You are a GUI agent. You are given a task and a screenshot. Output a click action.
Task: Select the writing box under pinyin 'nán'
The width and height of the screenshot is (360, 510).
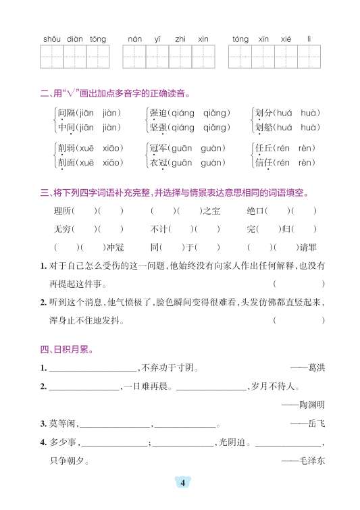coord(134,57)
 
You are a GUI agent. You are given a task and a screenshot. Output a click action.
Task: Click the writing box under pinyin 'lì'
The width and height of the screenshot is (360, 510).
coord(309,57)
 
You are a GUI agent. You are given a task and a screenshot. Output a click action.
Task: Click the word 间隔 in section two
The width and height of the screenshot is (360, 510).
coord(66,113)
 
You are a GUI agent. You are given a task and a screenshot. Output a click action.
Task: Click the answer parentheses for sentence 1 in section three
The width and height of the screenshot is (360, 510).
coord(299,284)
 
